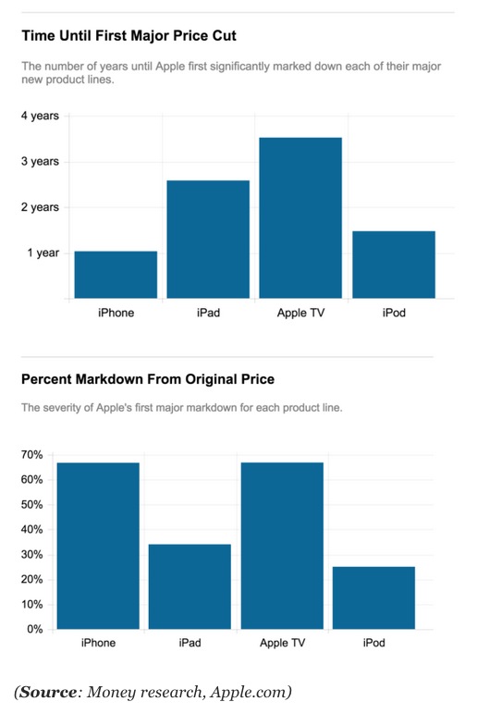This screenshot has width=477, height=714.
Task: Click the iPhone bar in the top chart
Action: (x=116, y=275)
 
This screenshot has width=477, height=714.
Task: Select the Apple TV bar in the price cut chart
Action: (x=300, y=217)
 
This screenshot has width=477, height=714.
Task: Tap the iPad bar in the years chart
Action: (x=208, y=239)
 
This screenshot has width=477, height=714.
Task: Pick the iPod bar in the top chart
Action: (x=394, y=265)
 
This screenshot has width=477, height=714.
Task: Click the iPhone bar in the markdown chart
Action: (x=98, y=546)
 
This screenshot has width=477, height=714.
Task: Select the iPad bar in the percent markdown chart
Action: (x=190, y=586)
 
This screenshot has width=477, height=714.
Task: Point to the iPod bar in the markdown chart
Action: (x=373, y=597)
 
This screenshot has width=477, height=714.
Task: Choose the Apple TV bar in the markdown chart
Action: (x=282, y=546)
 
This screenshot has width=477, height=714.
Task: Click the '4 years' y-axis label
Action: (x=40, y=117)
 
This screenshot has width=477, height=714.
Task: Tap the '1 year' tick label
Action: (x=43, y=252)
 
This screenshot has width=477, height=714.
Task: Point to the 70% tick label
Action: (x=31, y=455)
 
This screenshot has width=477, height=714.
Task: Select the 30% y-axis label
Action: (x=31, y=555)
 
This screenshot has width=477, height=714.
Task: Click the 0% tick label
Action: (x=34, y=630)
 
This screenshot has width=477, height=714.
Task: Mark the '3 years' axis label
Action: (x=40, y=162)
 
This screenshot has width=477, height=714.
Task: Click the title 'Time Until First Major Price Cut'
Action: (x=128, y=36)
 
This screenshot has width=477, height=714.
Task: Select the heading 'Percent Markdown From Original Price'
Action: (x=148, y=379)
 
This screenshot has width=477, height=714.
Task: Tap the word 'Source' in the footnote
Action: (x=49, y=692)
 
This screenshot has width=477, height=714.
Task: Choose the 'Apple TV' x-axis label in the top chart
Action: (x=300, y=313)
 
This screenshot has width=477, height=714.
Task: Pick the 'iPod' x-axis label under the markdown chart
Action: (x=373, y=643)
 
